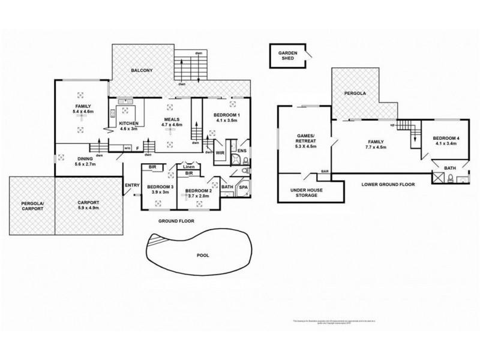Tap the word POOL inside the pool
click(x=203, y=256)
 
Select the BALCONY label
click(x=142, y=71)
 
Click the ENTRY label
click(x=132, y=185)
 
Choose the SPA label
click(x=244, y=188)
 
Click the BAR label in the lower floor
click(x=325, y=172)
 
